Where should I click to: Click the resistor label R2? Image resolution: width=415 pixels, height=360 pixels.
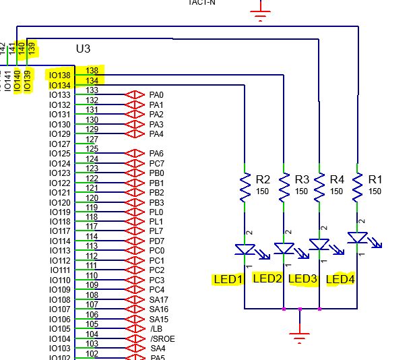263,180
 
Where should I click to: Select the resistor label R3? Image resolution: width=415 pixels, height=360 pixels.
302,180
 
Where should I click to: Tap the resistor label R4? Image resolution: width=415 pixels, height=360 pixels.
338,180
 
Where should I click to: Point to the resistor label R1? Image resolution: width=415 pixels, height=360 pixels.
375,180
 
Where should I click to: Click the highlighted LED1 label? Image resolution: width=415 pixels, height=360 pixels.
227,278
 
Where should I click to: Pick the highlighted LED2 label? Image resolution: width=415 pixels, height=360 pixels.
267,278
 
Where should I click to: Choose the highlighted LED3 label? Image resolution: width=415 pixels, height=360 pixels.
303,278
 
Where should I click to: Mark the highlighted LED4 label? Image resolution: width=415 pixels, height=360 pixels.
340,278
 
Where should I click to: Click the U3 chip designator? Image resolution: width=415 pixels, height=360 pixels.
83,49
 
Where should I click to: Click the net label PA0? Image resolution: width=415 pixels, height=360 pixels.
156,95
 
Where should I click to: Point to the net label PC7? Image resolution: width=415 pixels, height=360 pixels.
156,164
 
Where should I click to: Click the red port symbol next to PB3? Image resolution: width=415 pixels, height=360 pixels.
135,202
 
